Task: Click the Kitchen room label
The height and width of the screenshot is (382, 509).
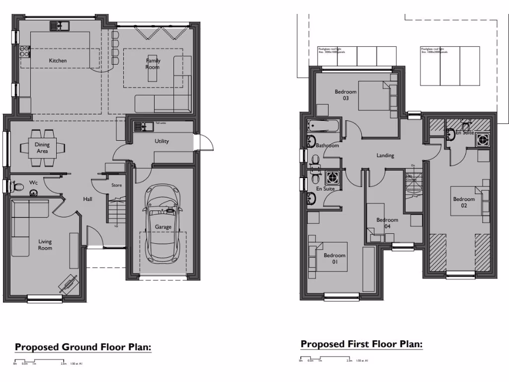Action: [x=58, y=61]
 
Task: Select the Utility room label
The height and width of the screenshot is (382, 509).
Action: [x=162, y=141]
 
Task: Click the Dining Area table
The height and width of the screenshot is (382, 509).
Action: [x=42, y=147]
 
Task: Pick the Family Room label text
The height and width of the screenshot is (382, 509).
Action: [x=153, y=64]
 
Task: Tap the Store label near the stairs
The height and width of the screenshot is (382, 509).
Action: [x=116, y=185]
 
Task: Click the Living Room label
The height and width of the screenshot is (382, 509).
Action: [x=45, y=245]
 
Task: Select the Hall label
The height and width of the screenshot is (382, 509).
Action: [x=87, y=199]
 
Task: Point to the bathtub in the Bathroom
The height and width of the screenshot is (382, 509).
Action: [x=323, y=126]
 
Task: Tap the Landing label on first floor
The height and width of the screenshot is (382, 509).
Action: [x=385, y=156]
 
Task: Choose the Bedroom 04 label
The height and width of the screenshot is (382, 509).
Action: [x=387, y=223]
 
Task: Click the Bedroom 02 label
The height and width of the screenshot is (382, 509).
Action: [x=464, y=202]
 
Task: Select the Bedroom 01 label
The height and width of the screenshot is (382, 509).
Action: [x=335, y=259]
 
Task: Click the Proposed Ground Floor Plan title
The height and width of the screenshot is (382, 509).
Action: [x=83, y=347]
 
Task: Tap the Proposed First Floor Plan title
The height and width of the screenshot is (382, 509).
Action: [x=361, y=344]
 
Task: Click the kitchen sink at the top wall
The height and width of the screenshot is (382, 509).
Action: [x=60, y=25]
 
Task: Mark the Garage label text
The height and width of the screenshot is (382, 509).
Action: [x=163, y=227]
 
